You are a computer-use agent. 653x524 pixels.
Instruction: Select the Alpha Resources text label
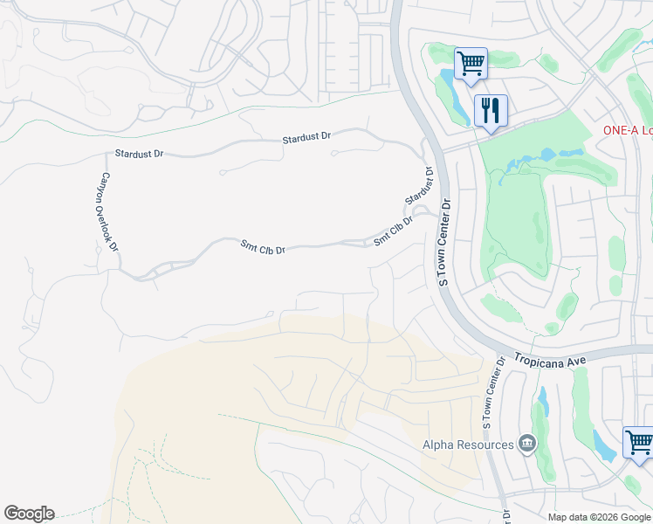[x=468, y=445]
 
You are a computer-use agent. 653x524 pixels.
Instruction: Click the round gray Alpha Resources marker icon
[x=526, y=445]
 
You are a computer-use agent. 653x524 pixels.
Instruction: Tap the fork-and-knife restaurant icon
[x=491, y=111]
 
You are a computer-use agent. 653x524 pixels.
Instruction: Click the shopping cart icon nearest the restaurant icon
[x=471, y=63]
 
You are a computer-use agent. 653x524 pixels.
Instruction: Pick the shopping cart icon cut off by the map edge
[x=639, y=443]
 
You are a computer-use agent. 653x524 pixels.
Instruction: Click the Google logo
[x=29, y=514]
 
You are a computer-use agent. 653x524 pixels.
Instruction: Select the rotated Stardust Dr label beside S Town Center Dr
[x=419, y=186]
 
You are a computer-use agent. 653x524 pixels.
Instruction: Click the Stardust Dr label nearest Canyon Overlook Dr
[x=139, y=154]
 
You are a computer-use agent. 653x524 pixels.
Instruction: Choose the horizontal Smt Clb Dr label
[x=263, y=248]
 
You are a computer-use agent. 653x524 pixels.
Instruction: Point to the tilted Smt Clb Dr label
[x=392, y=230]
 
